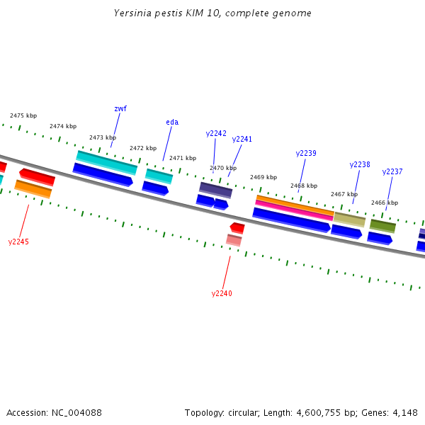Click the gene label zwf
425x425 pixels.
(120, 108)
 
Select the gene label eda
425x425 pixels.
(172, 122)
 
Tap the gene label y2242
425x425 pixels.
(216, 133)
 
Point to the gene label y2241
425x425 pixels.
(242, 139)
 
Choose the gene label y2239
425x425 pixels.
(306, 153)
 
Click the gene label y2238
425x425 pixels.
(360, 164)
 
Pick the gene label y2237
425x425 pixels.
(392, 171)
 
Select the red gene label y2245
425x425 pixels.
(18, 242)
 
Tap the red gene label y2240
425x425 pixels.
(222, 293)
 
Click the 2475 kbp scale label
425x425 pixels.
(23, 115)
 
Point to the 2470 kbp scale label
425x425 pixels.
(223, 168)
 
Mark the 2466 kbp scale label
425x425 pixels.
(385, 203)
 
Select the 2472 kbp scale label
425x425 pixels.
(143, 148)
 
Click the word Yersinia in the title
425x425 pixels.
(133, 13)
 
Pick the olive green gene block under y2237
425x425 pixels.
(382, 226)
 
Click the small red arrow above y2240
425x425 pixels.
(237, 227)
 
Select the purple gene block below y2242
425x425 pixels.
(215, 190)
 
